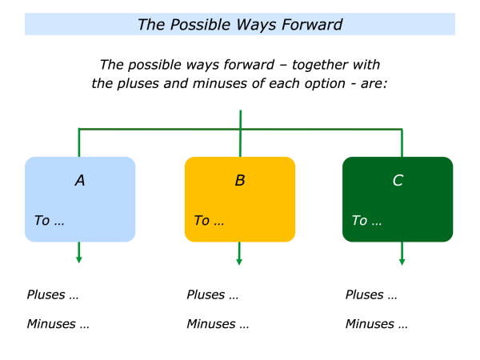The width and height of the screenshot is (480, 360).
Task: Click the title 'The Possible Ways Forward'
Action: [240, 24]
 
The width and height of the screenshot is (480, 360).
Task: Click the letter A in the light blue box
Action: [80, 181]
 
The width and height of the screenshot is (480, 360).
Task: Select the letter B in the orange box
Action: [240, 181]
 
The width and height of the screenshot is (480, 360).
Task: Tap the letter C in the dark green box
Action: [398, 181]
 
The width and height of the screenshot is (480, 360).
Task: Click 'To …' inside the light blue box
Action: [49, 221]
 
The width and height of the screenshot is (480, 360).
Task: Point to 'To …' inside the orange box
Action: [208, 221]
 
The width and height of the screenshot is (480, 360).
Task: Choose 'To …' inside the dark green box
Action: [366, 221]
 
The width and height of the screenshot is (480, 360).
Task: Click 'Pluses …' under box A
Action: [53, 294]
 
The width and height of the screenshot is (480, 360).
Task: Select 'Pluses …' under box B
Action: [212, 294]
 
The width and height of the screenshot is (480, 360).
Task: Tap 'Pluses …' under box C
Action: [371, 294]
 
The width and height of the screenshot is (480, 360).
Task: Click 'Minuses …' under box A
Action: [58, 324]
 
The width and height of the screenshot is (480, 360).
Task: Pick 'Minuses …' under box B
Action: [218, 324]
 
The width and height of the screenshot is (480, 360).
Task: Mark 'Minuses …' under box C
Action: [376, 324]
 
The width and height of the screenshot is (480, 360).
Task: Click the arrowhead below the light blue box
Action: [78, 258]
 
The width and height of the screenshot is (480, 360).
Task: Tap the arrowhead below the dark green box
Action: [402, 261]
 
